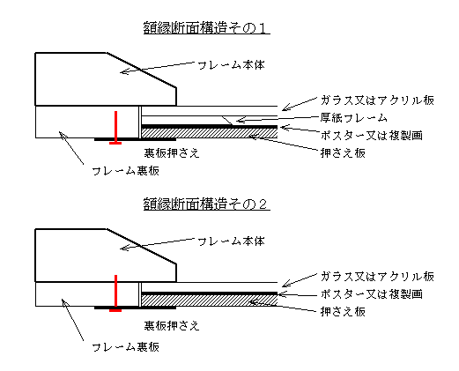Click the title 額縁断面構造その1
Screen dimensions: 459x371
(x=206, y=28)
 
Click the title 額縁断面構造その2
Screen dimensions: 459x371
(x=206, y=204)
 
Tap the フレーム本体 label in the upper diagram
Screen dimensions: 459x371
(x=231, y=65)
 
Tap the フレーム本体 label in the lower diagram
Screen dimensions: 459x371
(x=231, y=241)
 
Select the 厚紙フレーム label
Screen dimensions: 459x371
(x=354, y=118)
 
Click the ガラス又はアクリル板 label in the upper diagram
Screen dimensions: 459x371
(x=377, y=100)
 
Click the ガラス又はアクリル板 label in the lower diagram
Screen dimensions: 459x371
(x=377, y=277)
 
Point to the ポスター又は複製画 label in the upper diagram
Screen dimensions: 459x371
(x=372, y=136)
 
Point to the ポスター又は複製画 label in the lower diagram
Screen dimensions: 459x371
(x=372, y=293)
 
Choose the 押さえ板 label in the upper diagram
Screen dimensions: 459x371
(x=343, y=153)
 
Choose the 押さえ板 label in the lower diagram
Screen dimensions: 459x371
(x=343, y=311)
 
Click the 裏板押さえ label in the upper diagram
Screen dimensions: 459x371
(x=172, y=153)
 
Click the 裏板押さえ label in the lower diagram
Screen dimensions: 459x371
(x=172, y=326)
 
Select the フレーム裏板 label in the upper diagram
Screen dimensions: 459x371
(x=126, y=171)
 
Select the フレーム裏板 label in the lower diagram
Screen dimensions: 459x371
(x=126, y=347)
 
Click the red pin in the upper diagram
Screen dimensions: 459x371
(x=115, y=128)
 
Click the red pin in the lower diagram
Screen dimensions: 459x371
(x=115, y=293)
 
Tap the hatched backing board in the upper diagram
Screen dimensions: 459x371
(x=210, y=133)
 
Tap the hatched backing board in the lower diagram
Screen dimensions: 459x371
(x=210, y=301)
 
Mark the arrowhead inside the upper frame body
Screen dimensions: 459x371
(x=124, y=71)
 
